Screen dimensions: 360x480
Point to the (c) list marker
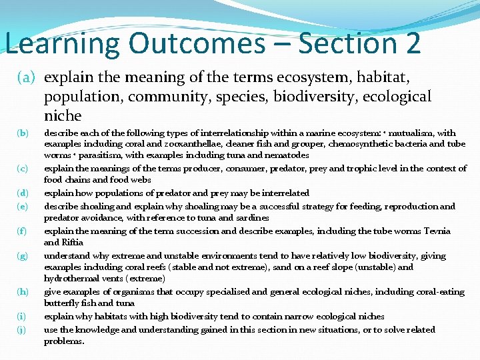pos(22,169)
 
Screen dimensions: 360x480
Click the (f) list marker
pos(22,231)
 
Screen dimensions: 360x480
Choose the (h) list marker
pos(23,292)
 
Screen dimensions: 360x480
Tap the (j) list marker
pos(22,330)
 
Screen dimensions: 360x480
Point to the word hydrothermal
pos(73,279)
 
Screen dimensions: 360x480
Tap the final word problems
pos(64,341)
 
